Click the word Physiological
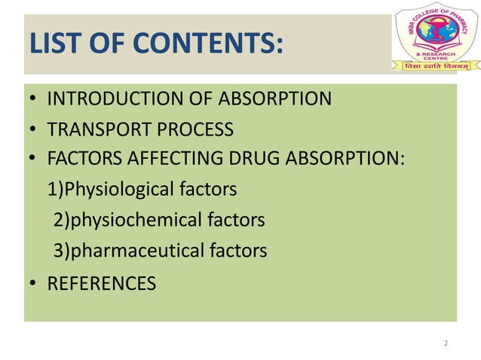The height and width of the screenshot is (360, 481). [124, 189]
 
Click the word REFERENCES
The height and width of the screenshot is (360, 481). [101, 283]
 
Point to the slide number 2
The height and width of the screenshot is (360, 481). [446, 343]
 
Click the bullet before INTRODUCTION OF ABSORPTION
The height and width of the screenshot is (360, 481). [34, 99]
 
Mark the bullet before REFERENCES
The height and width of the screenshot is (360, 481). [34, 284]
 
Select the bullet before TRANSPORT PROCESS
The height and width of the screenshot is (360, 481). [34, 130]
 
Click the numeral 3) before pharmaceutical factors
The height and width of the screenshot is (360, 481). [60, 250]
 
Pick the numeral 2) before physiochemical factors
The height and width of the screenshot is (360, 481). [60, 220]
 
